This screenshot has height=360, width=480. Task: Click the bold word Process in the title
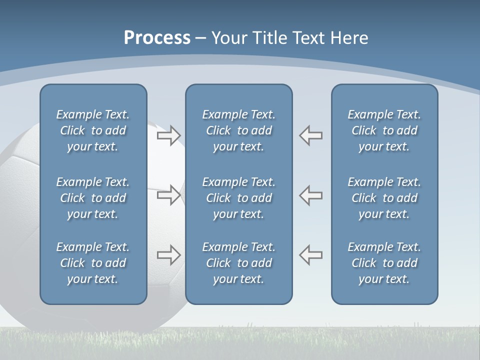tap(157, 38)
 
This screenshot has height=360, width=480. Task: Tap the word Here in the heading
tap(349, 38)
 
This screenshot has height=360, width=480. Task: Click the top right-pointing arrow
tap(169, 135)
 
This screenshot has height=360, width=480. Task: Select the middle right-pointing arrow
tap(169, 195)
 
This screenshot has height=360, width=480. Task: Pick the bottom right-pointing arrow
tap(169, 255)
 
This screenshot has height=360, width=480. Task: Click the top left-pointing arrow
tap(310, 135)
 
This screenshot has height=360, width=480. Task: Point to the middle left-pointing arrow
tap(310, 195)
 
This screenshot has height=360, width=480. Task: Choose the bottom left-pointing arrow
tap(310, 255)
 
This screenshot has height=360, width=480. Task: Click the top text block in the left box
tap(93, 130)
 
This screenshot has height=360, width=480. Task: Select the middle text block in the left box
tap(93, 198)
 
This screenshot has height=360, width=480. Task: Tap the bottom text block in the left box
tap(93, 263)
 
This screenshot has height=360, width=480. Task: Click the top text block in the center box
tap(238, 130)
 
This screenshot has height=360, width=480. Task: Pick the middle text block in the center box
tap(238, 198)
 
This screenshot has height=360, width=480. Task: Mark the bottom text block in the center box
tap(238, 263)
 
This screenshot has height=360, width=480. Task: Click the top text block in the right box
tap(384, 130)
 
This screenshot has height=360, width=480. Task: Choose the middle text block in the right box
tap(384, 198)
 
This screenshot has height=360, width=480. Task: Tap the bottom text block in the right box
tap(384, 263)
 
